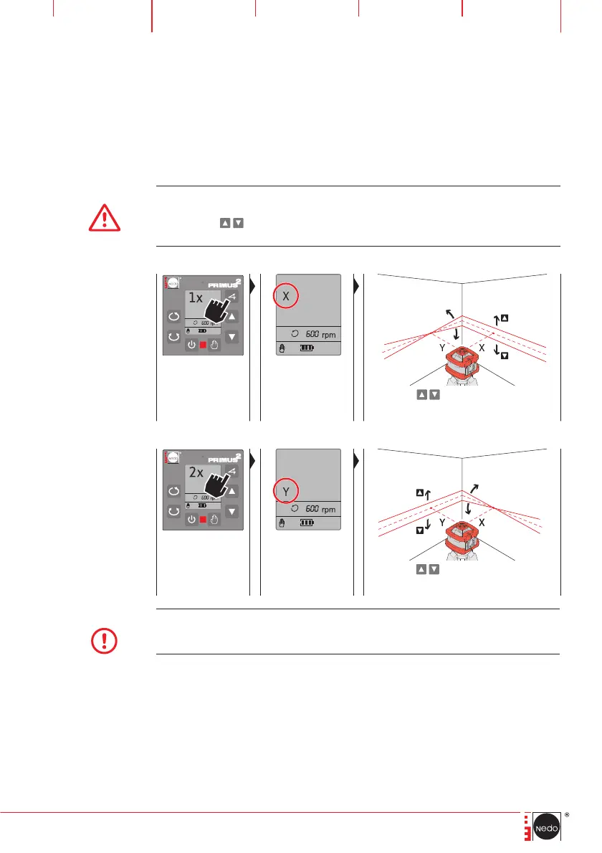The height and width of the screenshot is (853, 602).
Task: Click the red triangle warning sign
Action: (x=105, y=216)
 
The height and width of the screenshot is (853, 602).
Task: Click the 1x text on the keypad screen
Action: (x=195, y=299)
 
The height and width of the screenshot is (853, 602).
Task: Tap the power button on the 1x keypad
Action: (x=191, y=346)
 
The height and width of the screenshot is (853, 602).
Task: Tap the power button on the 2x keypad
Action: (x=191, y=519)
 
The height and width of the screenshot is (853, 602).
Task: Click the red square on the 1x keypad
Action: (x=203, y=346)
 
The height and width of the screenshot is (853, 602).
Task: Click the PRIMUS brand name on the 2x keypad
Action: (x=219, y=459)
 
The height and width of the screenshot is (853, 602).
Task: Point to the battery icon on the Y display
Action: (x=307, y=523)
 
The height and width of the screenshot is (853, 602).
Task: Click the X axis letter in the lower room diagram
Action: (x=482, y=523)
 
